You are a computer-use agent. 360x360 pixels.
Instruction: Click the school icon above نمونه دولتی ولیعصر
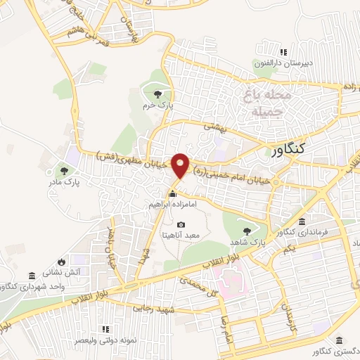(x=105, y=328)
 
